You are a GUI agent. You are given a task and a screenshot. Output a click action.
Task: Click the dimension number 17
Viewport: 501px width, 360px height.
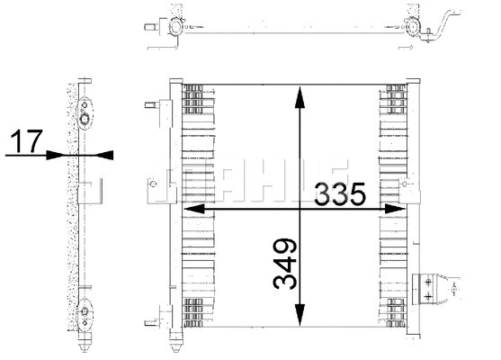(x=24, y=141)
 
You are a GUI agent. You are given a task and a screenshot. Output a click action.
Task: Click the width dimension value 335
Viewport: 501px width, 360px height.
(x=340, y=193)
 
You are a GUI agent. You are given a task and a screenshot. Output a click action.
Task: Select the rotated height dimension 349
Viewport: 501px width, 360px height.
(x=283, y=264)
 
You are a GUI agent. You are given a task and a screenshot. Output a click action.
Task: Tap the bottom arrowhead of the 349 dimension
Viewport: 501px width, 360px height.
(x=298, y=319)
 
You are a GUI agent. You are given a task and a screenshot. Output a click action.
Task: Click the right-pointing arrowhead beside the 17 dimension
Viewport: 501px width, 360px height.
(x=65, y=155)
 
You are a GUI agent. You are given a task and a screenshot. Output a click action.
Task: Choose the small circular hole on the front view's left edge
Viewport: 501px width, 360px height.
(x=154, y=190)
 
